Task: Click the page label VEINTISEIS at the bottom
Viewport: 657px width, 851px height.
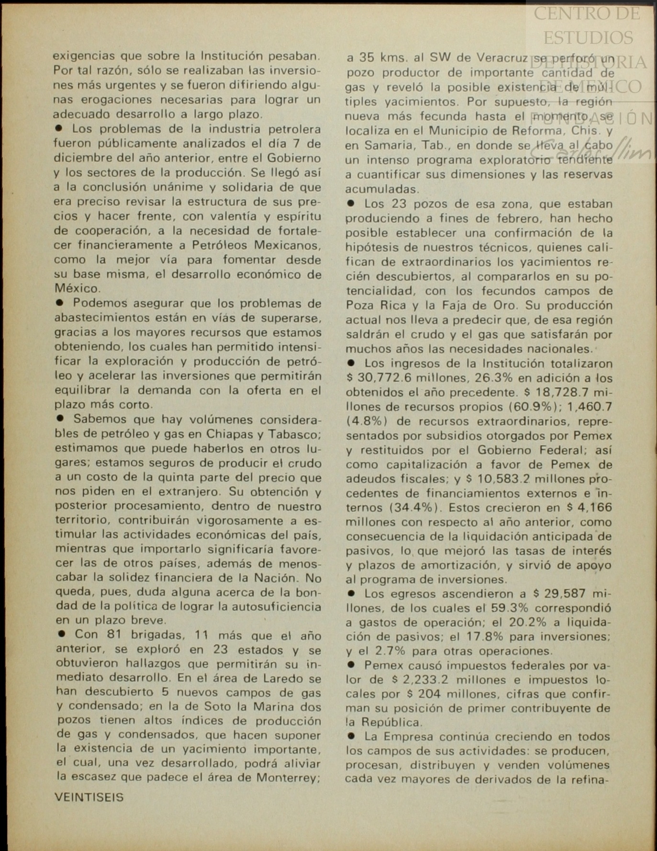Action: coord(89,797)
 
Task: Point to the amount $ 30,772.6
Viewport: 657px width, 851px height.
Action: coord(379,378)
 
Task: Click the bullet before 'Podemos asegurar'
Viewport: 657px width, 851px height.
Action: coord(60,303)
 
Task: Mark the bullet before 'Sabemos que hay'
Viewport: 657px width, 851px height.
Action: coord(60,418)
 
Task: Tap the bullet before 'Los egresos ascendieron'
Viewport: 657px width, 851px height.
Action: coord(351,593)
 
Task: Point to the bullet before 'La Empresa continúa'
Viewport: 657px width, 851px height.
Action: coord(351,736)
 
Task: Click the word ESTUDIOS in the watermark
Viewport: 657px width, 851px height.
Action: coord(588,38)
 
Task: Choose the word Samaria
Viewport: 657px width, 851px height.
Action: coord(381,146)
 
